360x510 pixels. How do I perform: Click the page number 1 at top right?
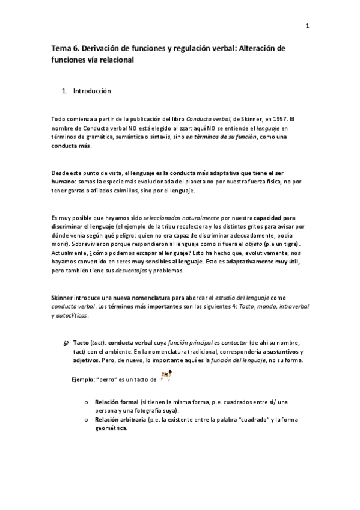click(307, 26)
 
